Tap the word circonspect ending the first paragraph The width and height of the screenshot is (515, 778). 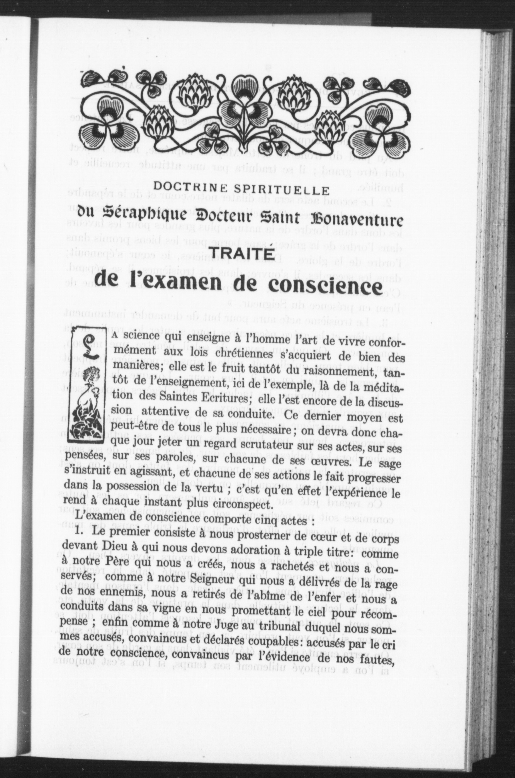pyautogui.click(x=240, y=504)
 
